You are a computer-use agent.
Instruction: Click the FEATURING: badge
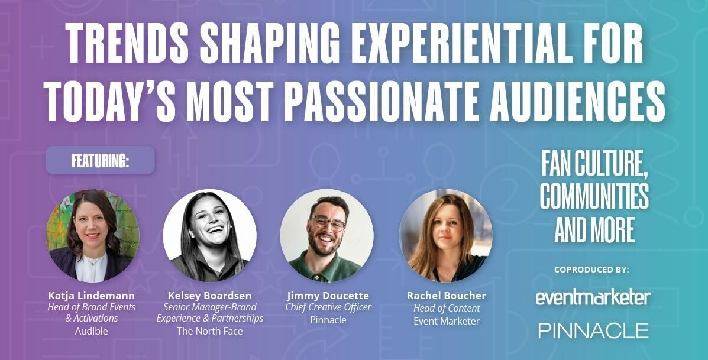point(100,160)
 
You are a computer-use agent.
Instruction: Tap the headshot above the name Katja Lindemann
point(93,235)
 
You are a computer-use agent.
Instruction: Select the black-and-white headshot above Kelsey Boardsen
point(209,235)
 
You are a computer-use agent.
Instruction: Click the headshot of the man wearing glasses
point(327,235)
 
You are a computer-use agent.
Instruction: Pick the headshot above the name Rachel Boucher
point(446,235)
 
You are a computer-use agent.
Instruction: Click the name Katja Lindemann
point(92,296)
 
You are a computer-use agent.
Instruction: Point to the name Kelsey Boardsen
point(210,296)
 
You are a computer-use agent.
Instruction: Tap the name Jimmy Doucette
point(328,296)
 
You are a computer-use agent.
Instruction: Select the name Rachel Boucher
point(447,296)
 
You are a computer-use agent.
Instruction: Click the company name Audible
point(92,331)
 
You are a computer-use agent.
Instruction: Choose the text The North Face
point(210,331)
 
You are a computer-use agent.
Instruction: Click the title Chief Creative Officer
point(328,307)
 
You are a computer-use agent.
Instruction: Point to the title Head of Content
point(447,309)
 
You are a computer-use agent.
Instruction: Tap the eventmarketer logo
point(593,298)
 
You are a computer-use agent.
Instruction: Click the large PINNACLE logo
point(593,330)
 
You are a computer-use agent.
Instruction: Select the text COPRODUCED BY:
point(592,270)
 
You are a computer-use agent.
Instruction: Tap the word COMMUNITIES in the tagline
point(594,196)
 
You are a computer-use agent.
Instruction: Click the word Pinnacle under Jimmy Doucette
point(328,320)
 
